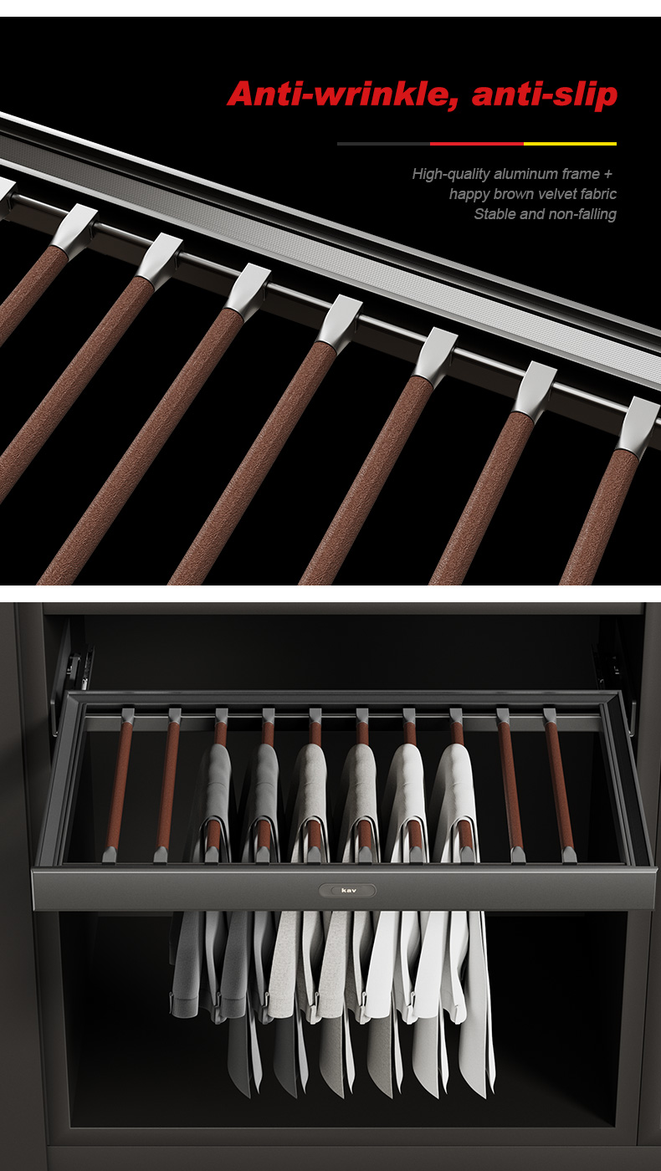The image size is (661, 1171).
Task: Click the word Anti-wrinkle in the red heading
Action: (x=342, y=95)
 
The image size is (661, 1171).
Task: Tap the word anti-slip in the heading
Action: (x=545, y=95)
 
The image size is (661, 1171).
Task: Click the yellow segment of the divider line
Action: (x=570, y=143)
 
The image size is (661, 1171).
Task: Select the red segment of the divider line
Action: (x=476, y=143)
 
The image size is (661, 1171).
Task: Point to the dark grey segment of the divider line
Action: (x=383, y=143)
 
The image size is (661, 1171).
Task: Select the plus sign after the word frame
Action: (x=607, y=174)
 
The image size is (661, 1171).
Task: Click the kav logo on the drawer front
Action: (x=348, y=890)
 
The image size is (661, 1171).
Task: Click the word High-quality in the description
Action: (x=451, y=174)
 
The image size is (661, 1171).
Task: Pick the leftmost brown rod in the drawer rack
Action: (x=119, y=787)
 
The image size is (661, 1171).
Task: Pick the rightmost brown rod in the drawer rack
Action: (x=560, y=787)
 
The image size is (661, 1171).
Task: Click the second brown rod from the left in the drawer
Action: (x=167, y=787)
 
